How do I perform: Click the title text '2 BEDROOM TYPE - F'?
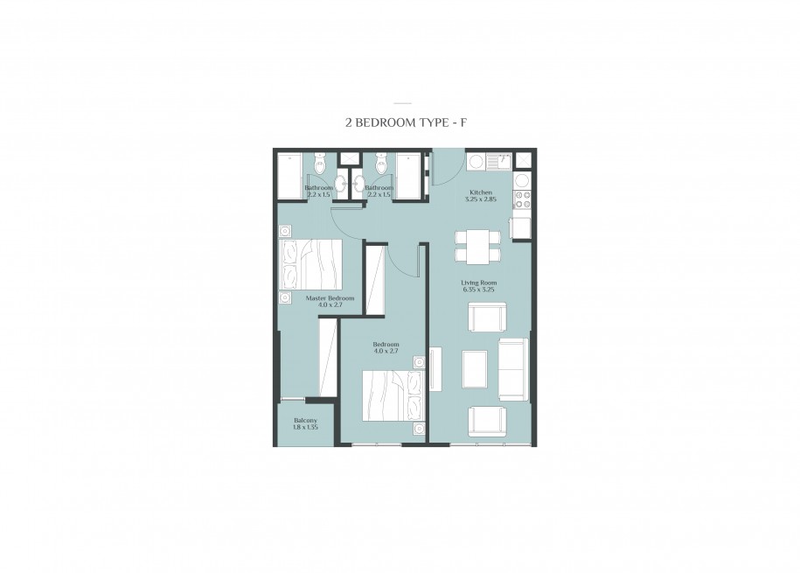[x=407, y=122]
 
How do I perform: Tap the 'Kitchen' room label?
[x=481, y=192]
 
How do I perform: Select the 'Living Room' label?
[x=478, y=283]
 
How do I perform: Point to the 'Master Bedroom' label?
[x=330, y=298]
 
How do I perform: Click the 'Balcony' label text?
[x=305, y=420]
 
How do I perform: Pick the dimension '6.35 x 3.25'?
[x=478, y=290]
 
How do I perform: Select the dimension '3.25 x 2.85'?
[x=481, y=199]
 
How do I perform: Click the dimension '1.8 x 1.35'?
[x=305, y=427]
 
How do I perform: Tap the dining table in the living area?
[x=477, y=247]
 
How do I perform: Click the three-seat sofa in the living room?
[x=512, y=369]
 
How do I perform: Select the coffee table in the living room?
[x=475, y=368]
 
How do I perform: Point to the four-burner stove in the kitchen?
[x=523, y=199]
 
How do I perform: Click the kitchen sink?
[x=499, y=161]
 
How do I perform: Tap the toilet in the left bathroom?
[x=320, y=163]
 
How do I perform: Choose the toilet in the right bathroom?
[x=380, y=163]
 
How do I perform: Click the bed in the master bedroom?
[x=310, y=264]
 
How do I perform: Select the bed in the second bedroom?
[x=393, y=395]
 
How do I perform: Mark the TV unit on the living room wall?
[x=435, y=369]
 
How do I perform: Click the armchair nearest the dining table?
[x=487, y=317]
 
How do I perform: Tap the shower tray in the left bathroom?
[x=289, y=177]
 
